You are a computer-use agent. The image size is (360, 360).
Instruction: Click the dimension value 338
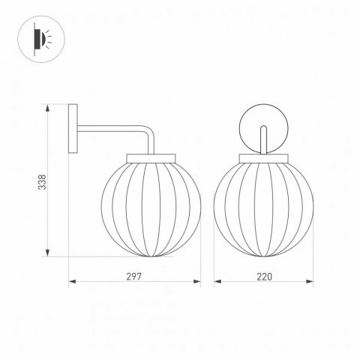click(x=42, y=181)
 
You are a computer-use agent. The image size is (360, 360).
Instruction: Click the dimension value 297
click(x=134, y=275)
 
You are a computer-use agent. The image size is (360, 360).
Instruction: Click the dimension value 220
click(x=263, y=275)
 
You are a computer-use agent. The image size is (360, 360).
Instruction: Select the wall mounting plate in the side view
click(x=72, y=129)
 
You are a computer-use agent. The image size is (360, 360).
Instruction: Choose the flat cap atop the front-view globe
click(x=263, y=156)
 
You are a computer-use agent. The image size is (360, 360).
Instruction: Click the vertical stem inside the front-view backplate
click(x=263, y=139)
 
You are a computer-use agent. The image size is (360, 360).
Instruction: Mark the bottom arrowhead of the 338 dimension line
click(x=49, y=253)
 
